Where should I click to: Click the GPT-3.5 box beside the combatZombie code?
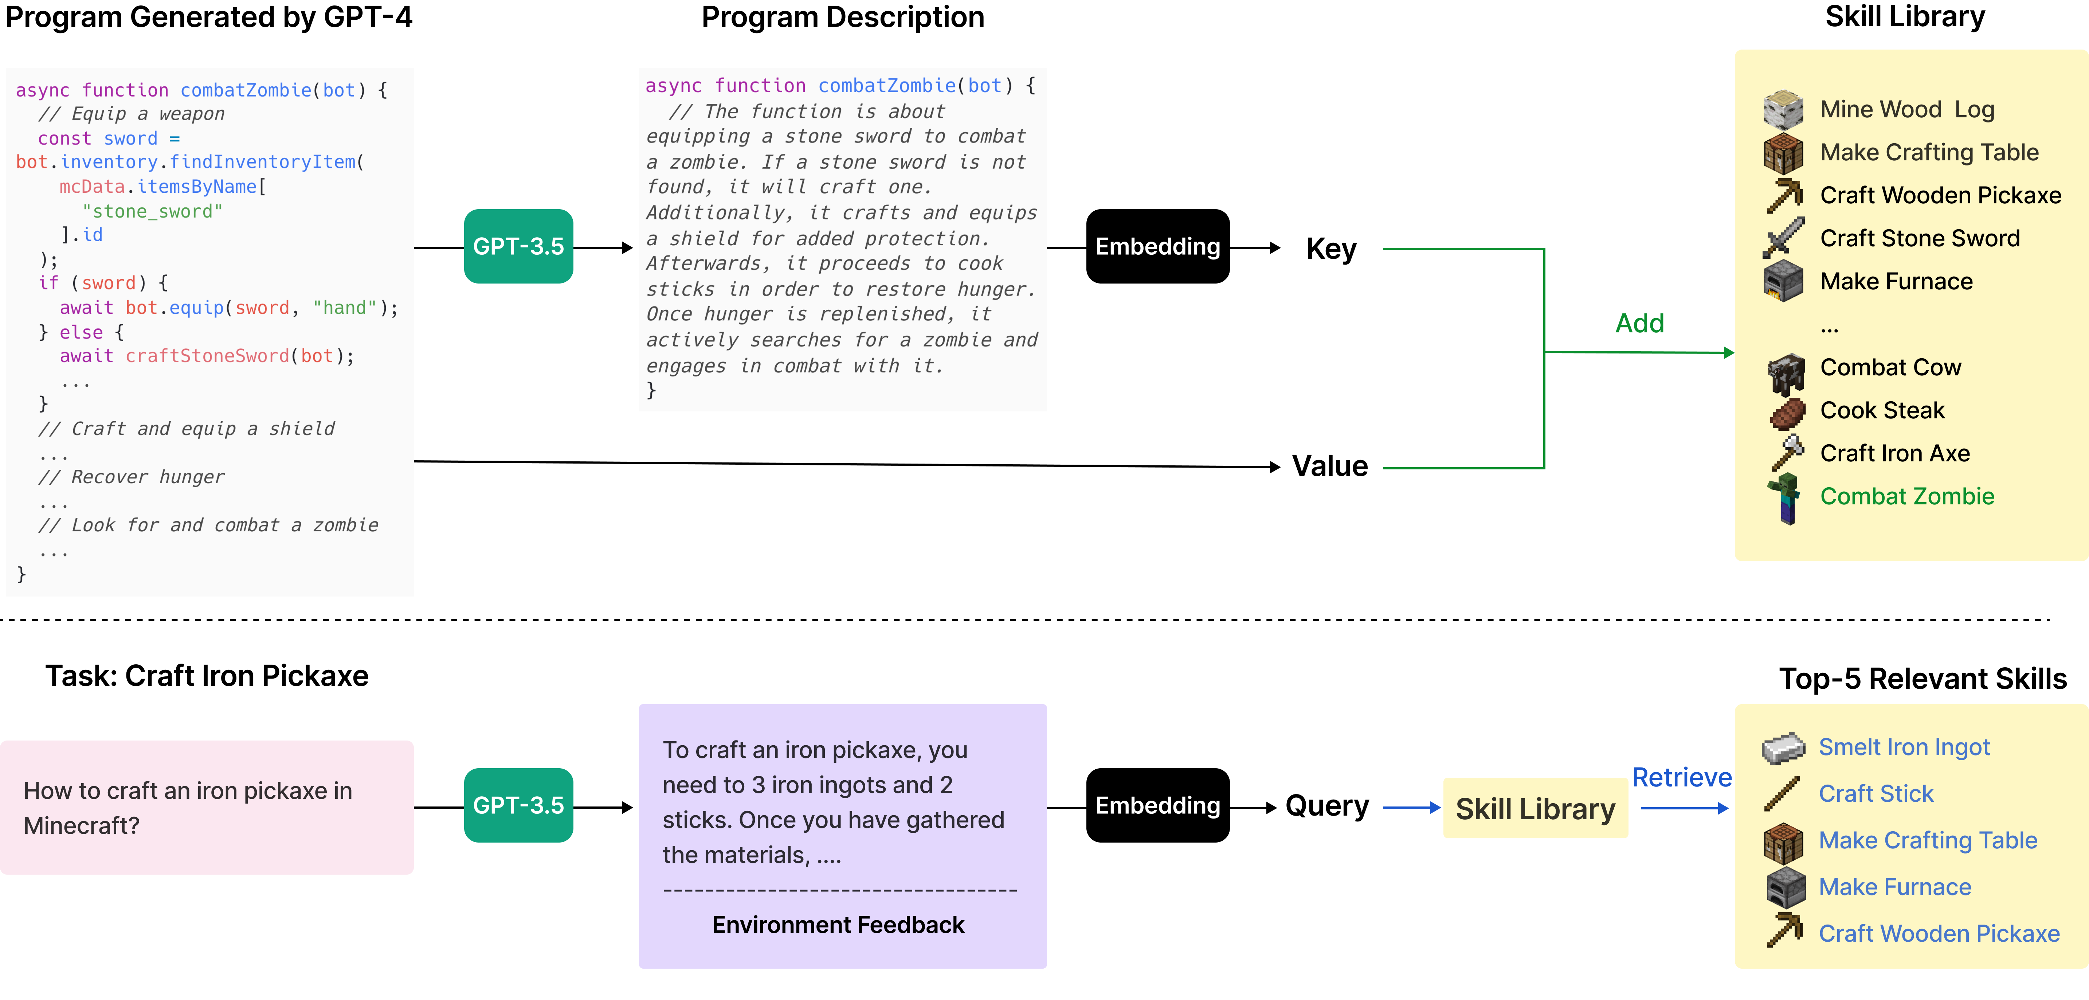[x=518, y=247]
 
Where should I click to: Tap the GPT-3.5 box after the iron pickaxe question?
[x=518, y=805]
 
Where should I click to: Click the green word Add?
[x=1639, y=324]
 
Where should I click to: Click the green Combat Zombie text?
[x=1906, y=496]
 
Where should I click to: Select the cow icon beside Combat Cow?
[x=1785, y=373]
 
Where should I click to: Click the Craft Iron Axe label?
[x=1894, y=453]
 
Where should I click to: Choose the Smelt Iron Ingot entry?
[x=1903, y=747]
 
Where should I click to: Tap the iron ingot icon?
[x=1783, y=748]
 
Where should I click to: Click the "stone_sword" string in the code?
[x=152, y=212]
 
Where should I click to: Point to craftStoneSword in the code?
[x=207, y=356]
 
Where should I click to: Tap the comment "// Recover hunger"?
[x=132, y=477]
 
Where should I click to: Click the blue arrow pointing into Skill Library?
[x=1411, y=808]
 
